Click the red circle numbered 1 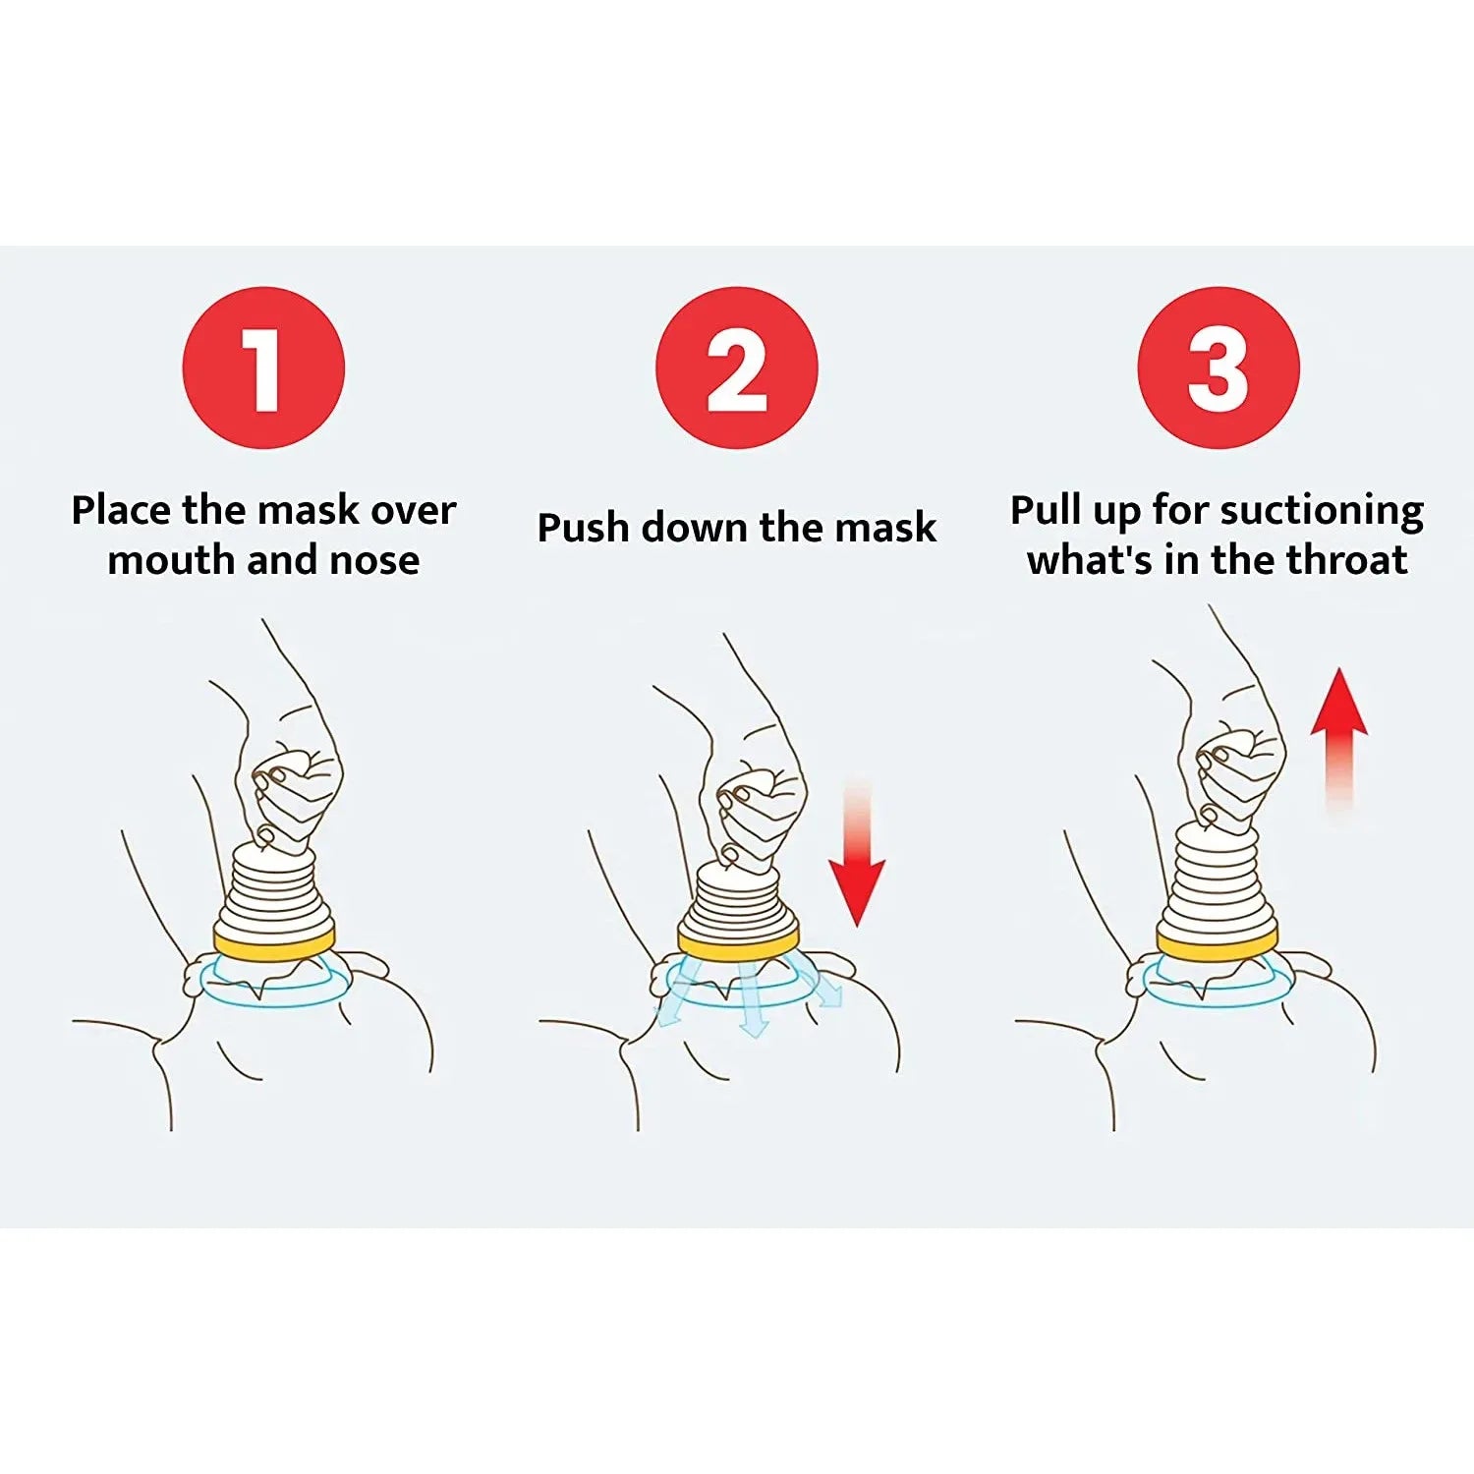click(263, 368)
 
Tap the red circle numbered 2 click(736, 368)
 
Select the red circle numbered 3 click(1219, 368)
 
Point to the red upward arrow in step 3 click(1338, 727)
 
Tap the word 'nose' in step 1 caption click(374, 561)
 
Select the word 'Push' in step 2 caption click(583, 529)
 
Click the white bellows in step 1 click(274, 889)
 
